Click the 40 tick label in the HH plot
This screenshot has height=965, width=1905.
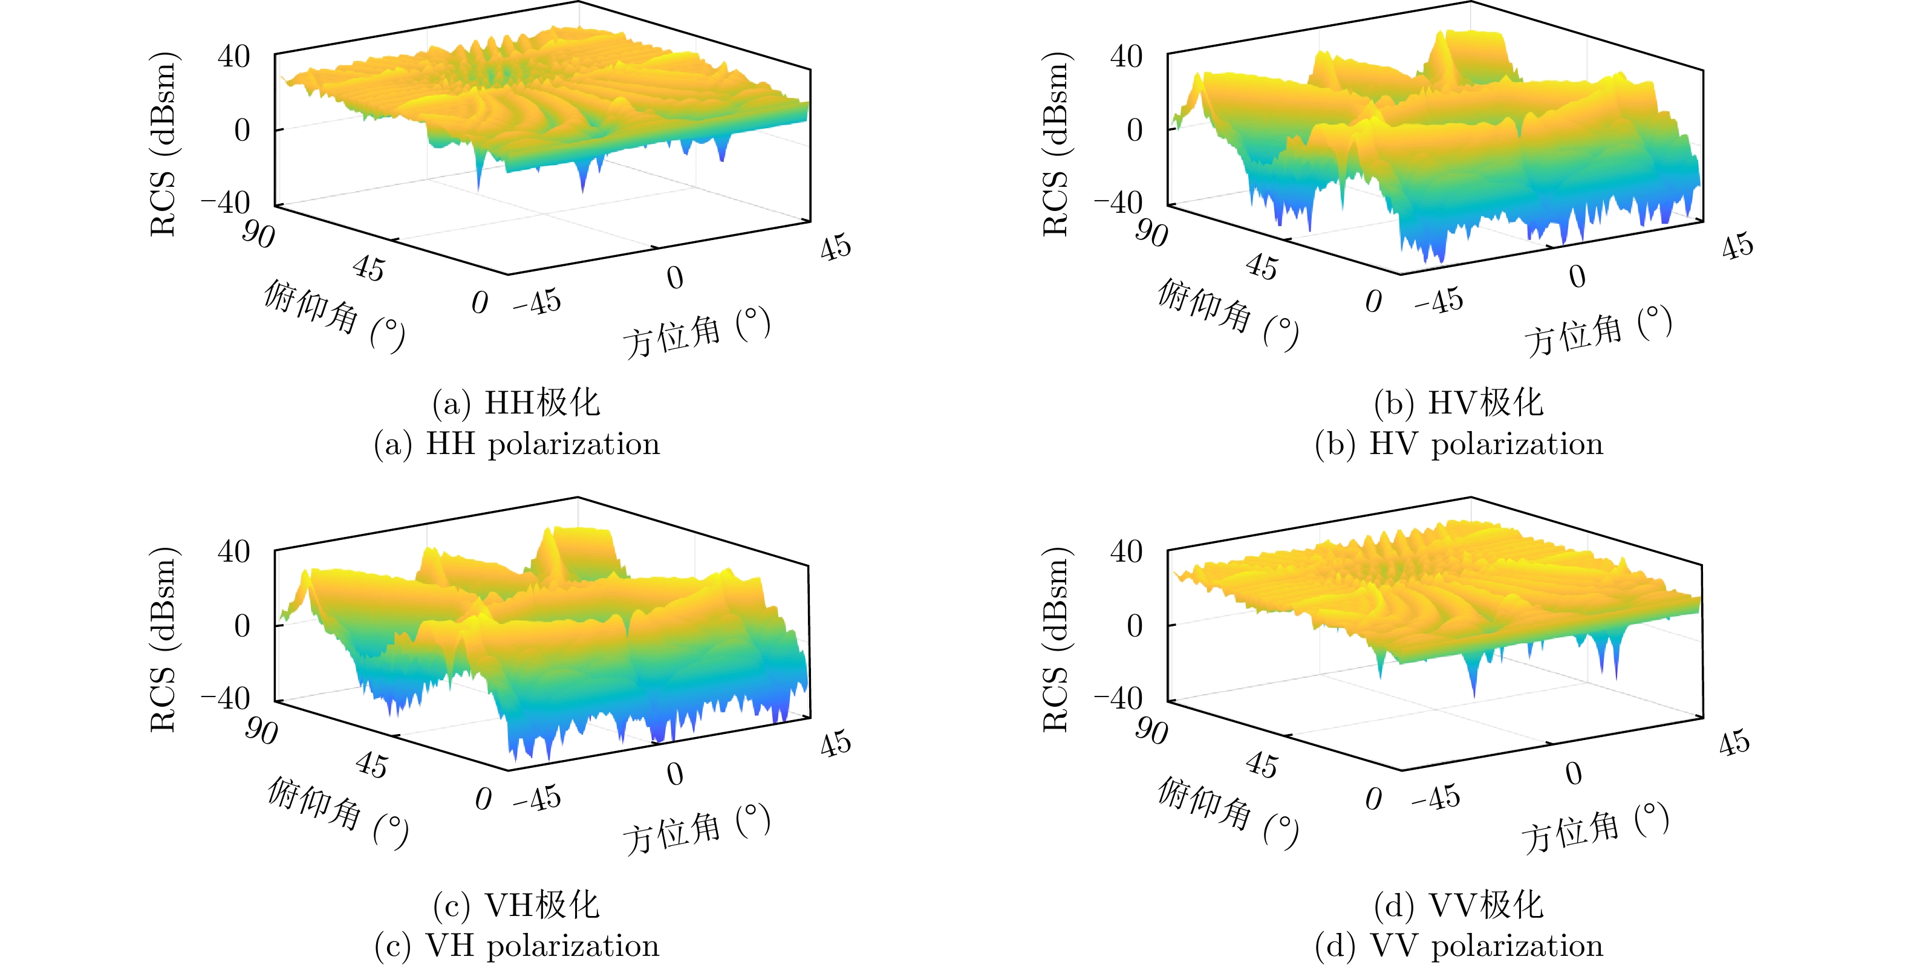pyautogui.click(x=233, y=57)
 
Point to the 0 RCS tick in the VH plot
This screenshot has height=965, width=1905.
pyautogui.click(x=242, y=626)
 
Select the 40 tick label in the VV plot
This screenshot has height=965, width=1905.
pyautogui.click(x=1126, y=551)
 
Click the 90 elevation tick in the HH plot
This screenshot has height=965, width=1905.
pyautogui.click(x=258, y=235)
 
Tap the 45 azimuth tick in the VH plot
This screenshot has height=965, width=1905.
pyautogui.click(x=836, y=743)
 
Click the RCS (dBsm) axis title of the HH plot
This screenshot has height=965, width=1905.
pyautogui.click(x=163, y=145)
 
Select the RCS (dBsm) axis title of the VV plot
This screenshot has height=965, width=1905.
pyautogui.click(x=1055, y=640)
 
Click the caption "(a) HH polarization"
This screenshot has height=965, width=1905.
pyautogui.click(x=516, y=444)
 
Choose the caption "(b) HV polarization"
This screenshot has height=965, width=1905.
pyautogui.click(x=1458, y=444)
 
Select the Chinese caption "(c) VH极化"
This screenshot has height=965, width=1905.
pyautogui.click(x=516, y=905)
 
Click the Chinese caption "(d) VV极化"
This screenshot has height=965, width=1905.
pyautogui.click(x=1458, y=905)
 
